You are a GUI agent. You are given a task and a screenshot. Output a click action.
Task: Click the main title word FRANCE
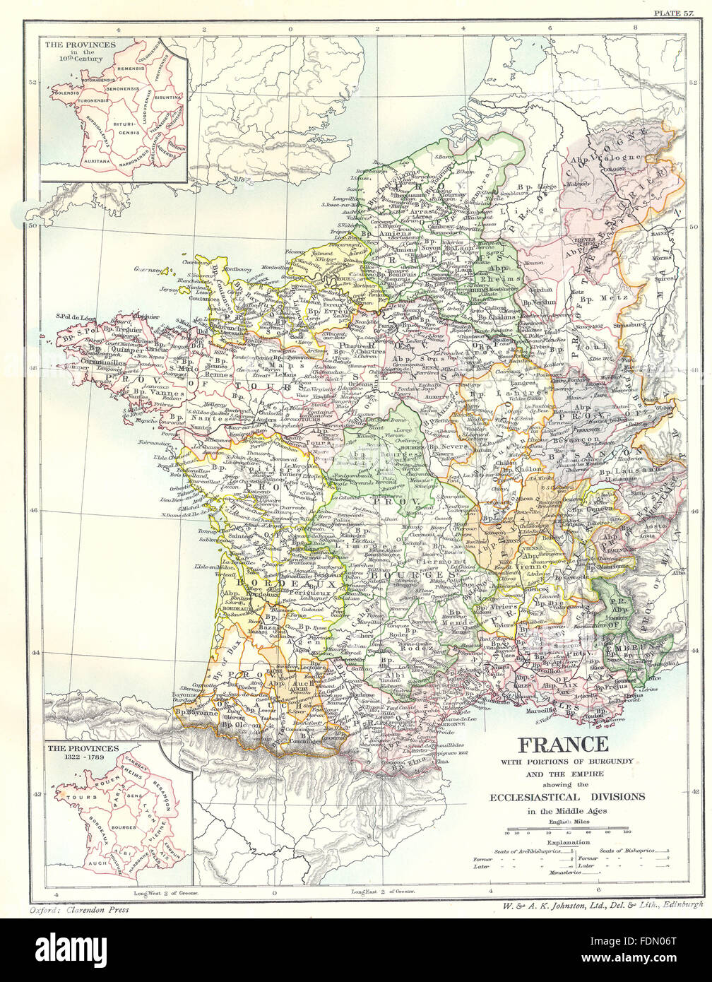pyautogui.click(x=563, y=744)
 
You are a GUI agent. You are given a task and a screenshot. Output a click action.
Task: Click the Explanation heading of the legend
pyautogui.click(x=568, y=842)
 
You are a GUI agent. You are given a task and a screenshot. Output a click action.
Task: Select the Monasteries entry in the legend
pyautogui.click(x=565, y=872)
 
